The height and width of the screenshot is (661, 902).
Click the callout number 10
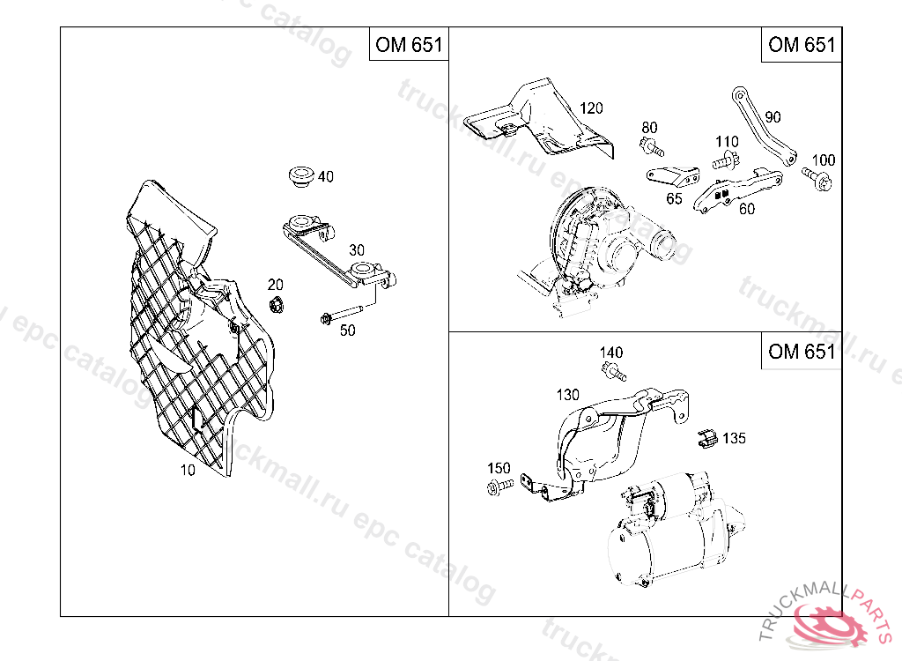[188, 470]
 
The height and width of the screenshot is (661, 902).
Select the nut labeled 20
[276, 304]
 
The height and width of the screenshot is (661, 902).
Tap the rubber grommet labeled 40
[301, 175]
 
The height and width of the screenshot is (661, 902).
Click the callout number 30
[357, 250]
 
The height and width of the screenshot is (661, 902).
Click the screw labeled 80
[651, 146]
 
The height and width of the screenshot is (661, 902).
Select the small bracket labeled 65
[674, 175]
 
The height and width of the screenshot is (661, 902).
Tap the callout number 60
[747, 208]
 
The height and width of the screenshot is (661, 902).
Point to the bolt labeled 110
[726, 160]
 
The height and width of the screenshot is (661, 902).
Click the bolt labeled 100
[817, 178]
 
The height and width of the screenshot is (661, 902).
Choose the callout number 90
[773, 117]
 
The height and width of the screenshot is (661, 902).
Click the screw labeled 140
[613, 371]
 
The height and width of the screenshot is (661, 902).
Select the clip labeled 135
[707, 439]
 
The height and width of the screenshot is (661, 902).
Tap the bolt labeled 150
[499, 486]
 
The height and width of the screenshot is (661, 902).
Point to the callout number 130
[568, 395]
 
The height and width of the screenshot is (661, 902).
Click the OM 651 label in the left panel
[409, 44]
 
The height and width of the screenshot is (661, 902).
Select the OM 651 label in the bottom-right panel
[802, 351]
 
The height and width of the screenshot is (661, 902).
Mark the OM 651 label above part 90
[802, 44]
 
